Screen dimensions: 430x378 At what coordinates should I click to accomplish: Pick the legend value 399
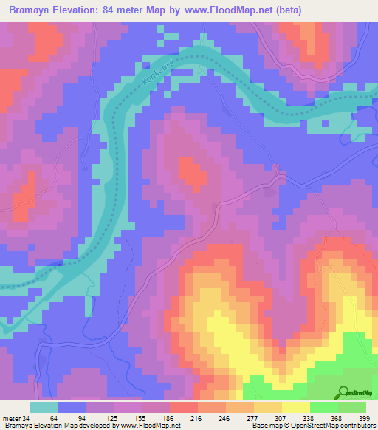pyautogui.click(x=363, y=418)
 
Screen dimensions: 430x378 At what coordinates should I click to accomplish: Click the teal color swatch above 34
pyautogui.click(x=44, y=407)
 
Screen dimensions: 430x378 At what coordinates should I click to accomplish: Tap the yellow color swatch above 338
pyautogui.click(x=296, y=407)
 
